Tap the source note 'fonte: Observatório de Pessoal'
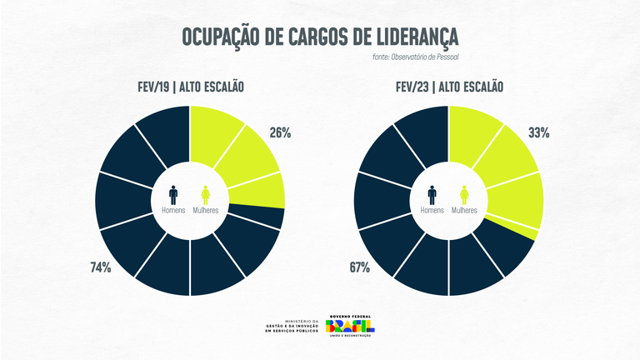(416, 57)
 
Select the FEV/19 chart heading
(191, 87)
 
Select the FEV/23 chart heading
(450, 87)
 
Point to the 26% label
(279, 132)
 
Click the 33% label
(538, 132)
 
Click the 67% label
(359, 267)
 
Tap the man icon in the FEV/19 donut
(173, 194)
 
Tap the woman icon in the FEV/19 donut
(206, 194)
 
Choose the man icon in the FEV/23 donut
(432, 194)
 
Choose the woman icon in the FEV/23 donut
(465, 194)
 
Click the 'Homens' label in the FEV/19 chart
(173, 211)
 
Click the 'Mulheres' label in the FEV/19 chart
(206, 211)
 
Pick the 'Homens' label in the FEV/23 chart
(432, 211)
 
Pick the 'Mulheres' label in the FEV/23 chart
(465, 211)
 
